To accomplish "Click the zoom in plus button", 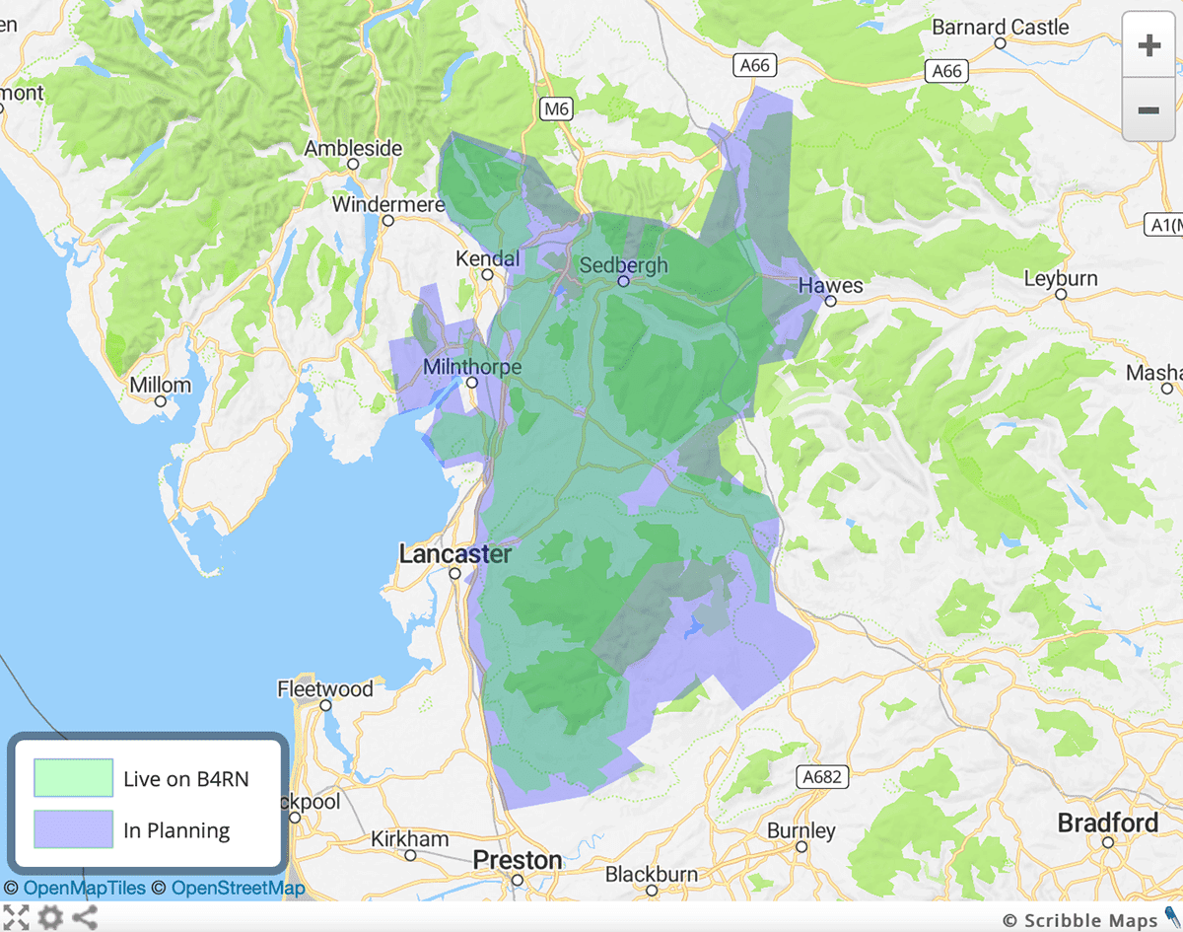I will (1148, 45).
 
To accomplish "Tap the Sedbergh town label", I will (623, 265).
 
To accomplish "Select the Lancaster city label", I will (454, 554).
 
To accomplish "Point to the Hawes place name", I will (830, 286).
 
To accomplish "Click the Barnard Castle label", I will (1000, 28).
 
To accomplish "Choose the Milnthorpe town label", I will (471, 367).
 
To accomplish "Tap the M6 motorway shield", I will (556, 108).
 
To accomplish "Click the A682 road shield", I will (821, 777).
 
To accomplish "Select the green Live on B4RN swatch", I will (73, 778).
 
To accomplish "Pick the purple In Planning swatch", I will (73, 829).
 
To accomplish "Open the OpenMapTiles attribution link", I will (84, 889).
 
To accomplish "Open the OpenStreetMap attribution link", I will (238, 889).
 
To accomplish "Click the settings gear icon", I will (50, 917).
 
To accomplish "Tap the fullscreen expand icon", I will (16, 917).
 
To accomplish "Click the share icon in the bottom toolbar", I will (85, 917).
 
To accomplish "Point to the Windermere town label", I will (388, 205).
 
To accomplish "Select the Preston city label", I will (517, 861).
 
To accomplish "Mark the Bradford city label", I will (1108, 823).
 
